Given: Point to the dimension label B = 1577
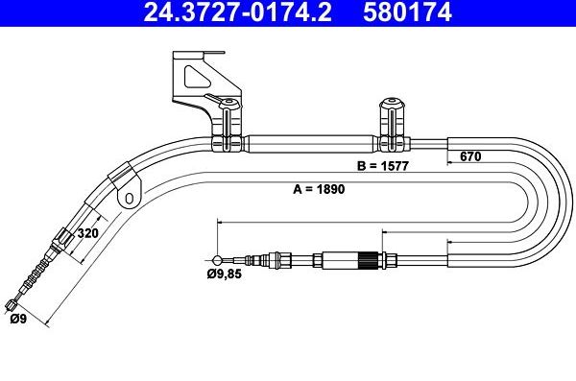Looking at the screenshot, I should (x=387, y=165).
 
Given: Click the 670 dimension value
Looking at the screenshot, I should (x=469, y=155).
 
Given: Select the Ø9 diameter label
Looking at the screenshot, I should (x=18, y=320).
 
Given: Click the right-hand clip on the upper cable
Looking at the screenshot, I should (x=392, y=125).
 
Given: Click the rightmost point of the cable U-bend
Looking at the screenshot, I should (x=568, y=202).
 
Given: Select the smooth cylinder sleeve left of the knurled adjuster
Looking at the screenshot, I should (x=338, y=258).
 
